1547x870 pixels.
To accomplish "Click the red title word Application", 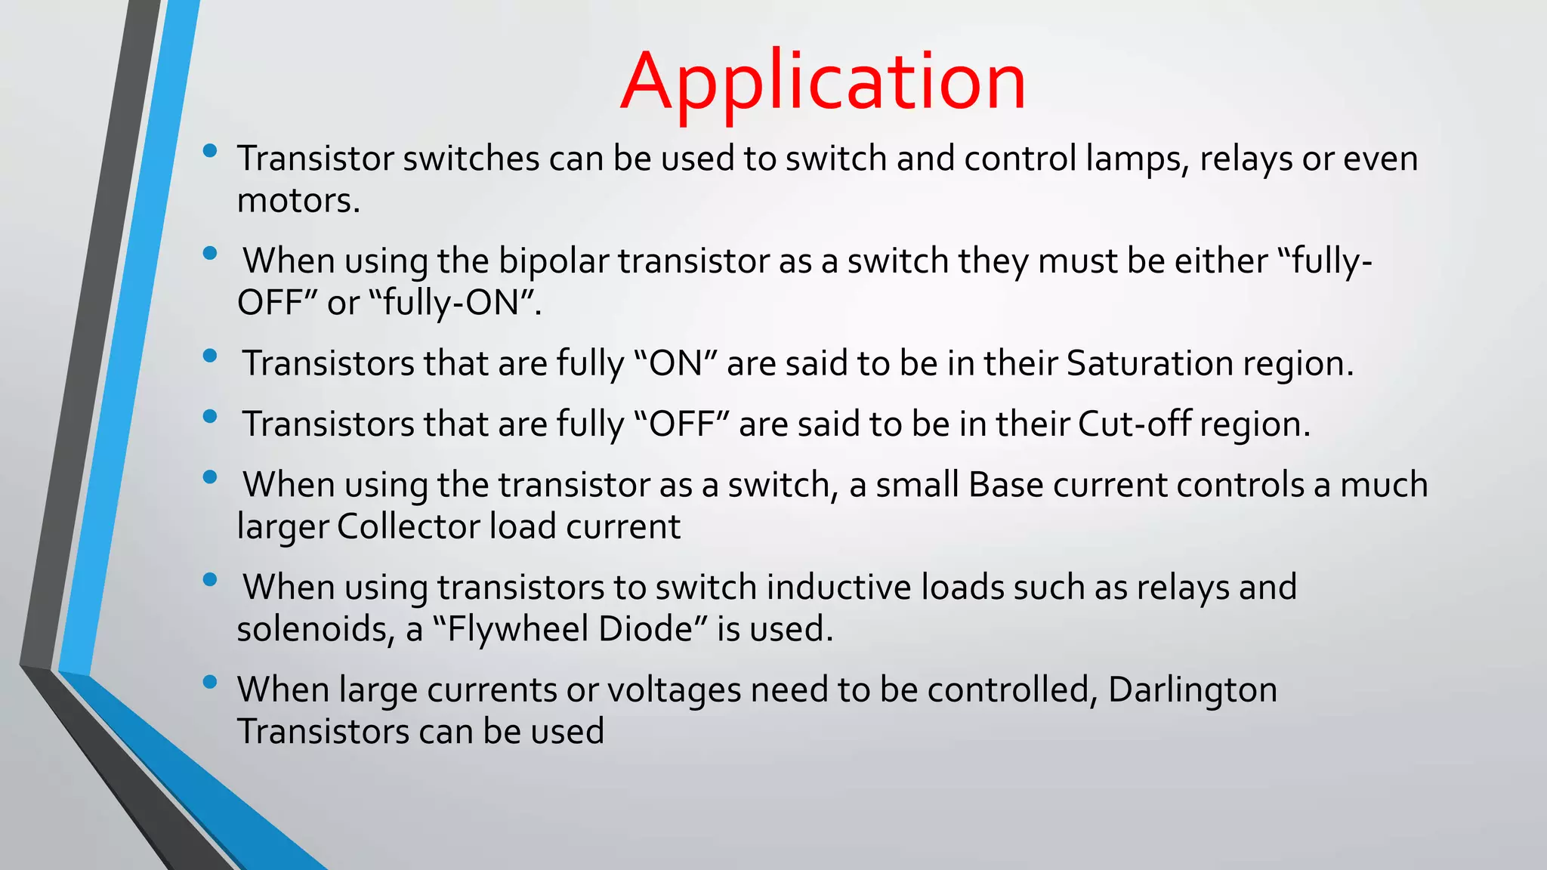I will click(823, 82).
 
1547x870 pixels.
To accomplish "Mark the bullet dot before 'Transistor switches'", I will click(210, 150).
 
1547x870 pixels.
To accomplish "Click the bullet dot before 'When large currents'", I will click(210, 682).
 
